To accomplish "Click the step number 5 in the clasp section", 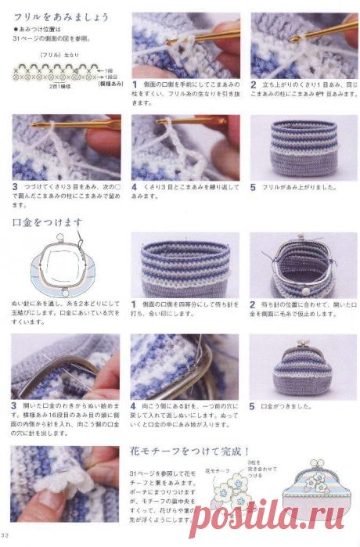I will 253,407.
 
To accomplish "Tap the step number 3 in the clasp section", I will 15,406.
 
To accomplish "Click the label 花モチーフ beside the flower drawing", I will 215,472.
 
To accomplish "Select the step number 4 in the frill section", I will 135,188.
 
